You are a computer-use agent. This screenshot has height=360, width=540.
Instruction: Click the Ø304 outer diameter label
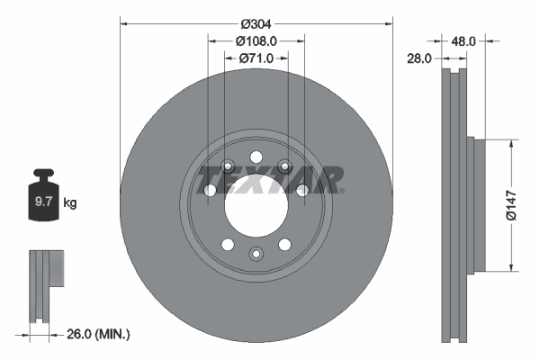pyautogui.click(x=256, y=23)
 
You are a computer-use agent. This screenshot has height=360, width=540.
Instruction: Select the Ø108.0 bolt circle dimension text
pyautogui.click(x=256, y=40)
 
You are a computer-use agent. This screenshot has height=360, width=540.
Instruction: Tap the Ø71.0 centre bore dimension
pyautogui.click(x=256, y=58)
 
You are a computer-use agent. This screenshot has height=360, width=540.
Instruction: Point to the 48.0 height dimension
pyautogui.click(x=463, y=40)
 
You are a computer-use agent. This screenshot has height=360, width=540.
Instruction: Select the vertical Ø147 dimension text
pyautogui.click(x=508, y=205)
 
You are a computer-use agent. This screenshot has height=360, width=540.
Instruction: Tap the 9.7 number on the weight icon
pyautogui.click(x=42, y=203)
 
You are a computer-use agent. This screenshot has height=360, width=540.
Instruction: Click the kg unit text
pyautogui.click(x=70, y=203)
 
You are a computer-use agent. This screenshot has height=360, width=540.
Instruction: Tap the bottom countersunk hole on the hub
pyautogui.click(x=256, y=255)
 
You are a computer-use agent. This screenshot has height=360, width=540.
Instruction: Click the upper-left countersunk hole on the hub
pyautogui.click(x=227, y=165)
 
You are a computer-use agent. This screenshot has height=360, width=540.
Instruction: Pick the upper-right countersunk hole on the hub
pyautogui.click(x=285, y=165)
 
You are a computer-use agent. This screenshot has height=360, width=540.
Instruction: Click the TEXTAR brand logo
pyautogui.click(x=270, y=179)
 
